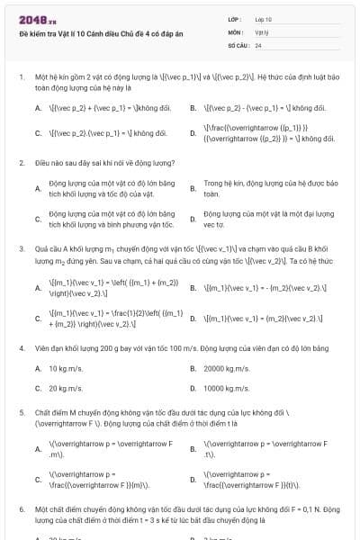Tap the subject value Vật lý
pos(261,31)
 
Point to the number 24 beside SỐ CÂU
pos(258,44)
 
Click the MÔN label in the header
pos(236,31)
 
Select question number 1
pos(22,77)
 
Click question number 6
pos(22,508)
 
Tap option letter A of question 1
pos(38,108)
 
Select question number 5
pos(22,412)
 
